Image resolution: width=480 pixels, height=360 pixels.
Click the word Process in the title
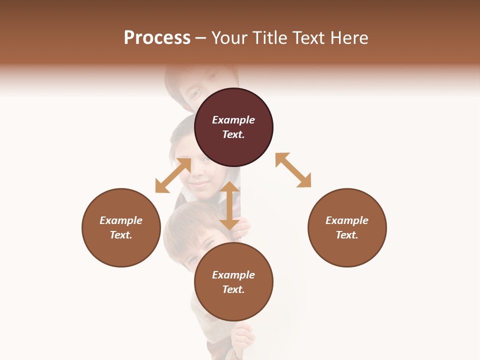tap(157, 38)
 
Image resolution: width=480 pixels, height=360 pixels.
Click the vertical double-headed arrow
tap(229, 205)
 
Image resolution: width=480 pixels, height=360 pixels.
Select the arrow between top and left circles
tap(173, 175)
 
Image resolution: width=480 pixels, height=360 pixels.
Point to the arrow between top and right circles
tap(293, 170)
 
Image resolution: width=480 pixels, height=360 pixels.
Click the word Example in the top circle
tap(233, 120)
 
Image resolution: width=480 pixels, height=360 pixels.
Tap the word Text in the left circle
tap(121, 235)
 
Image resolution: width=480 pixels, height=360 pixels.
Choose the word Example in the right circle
tap(347, 220)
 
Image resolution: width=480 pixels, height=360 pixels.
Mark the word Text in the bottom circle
tap(233, 289)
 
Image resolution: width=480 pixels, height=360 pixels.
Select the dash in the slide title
tap(201, 38)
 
